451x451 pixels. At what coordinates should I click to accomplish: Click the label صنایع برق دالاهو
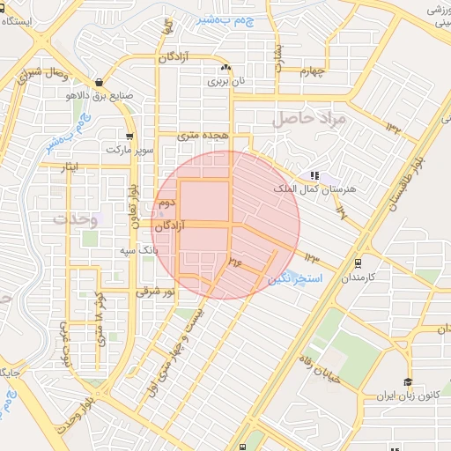[x=100, y=94]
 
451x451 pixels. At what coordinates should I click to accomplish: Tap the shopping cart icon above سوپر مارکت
[x=130, y=136]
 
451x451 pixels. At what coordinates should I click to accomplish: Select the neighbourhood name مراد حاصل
[x=310, y=116]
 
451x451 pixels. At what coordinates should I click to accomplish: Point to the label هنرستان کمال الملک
[x=324, y=189]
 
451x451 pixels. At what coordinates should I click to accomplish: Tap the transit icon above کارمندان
[x=358, y=262]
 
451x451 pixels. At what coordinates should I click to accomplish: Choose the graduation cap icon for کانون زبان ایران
[x=407, y=381]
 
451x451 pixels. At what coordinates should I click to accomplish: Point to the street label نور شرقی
[x=157, y=291]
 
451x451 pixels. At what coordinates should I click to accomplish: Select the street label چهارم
[x=311, y=71]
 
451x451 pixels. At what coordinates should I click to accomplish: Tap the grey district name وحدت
[x=73, y=217]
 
